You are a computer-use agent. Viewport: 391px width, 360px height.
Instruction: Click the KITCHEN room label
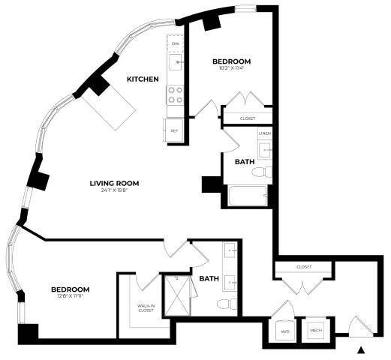point(142,79)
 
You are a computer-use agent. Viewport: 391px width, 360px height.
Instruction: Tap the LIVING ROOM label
point(115,183)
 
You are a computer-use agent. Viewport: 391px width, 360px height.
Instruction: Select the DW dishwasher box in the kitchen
point(175,44)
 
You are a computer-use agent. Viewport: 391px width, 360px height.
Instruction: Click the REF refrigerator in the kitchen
point(174,129)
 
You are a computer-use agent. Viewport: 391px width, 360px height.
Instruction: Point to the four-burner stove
point(175,94)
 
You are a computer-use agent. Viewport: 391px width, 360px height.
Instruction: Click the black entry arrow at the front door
point(362,349)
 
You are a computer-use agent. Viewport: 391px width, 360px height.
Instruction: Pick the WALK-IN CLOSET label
point(146,308)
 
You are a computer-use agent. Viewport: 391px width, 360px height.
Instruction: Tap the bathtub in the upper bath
point(247,196)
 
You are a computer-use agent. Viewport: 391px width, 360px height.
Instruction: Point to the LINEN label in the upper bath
point(264,133)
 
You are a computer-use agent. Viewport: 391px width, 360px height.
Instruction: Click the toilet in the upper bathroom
point(260,172)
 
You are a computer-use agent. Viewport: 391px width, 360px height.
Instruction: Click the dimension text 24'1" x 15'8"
point(115,191)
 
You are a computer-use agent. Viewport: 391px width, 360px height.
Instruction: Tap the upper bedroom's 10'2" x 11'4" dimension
point(230,69)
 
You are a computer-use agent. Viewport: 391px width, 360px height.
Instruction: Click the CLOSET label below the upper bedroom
point(247,118)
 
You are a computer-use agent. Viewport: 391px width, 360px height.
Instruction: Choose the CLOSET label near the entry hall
point(304,266)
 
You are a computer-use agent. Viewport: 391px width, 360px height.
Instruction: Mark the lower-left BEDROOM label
point(71,289)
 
